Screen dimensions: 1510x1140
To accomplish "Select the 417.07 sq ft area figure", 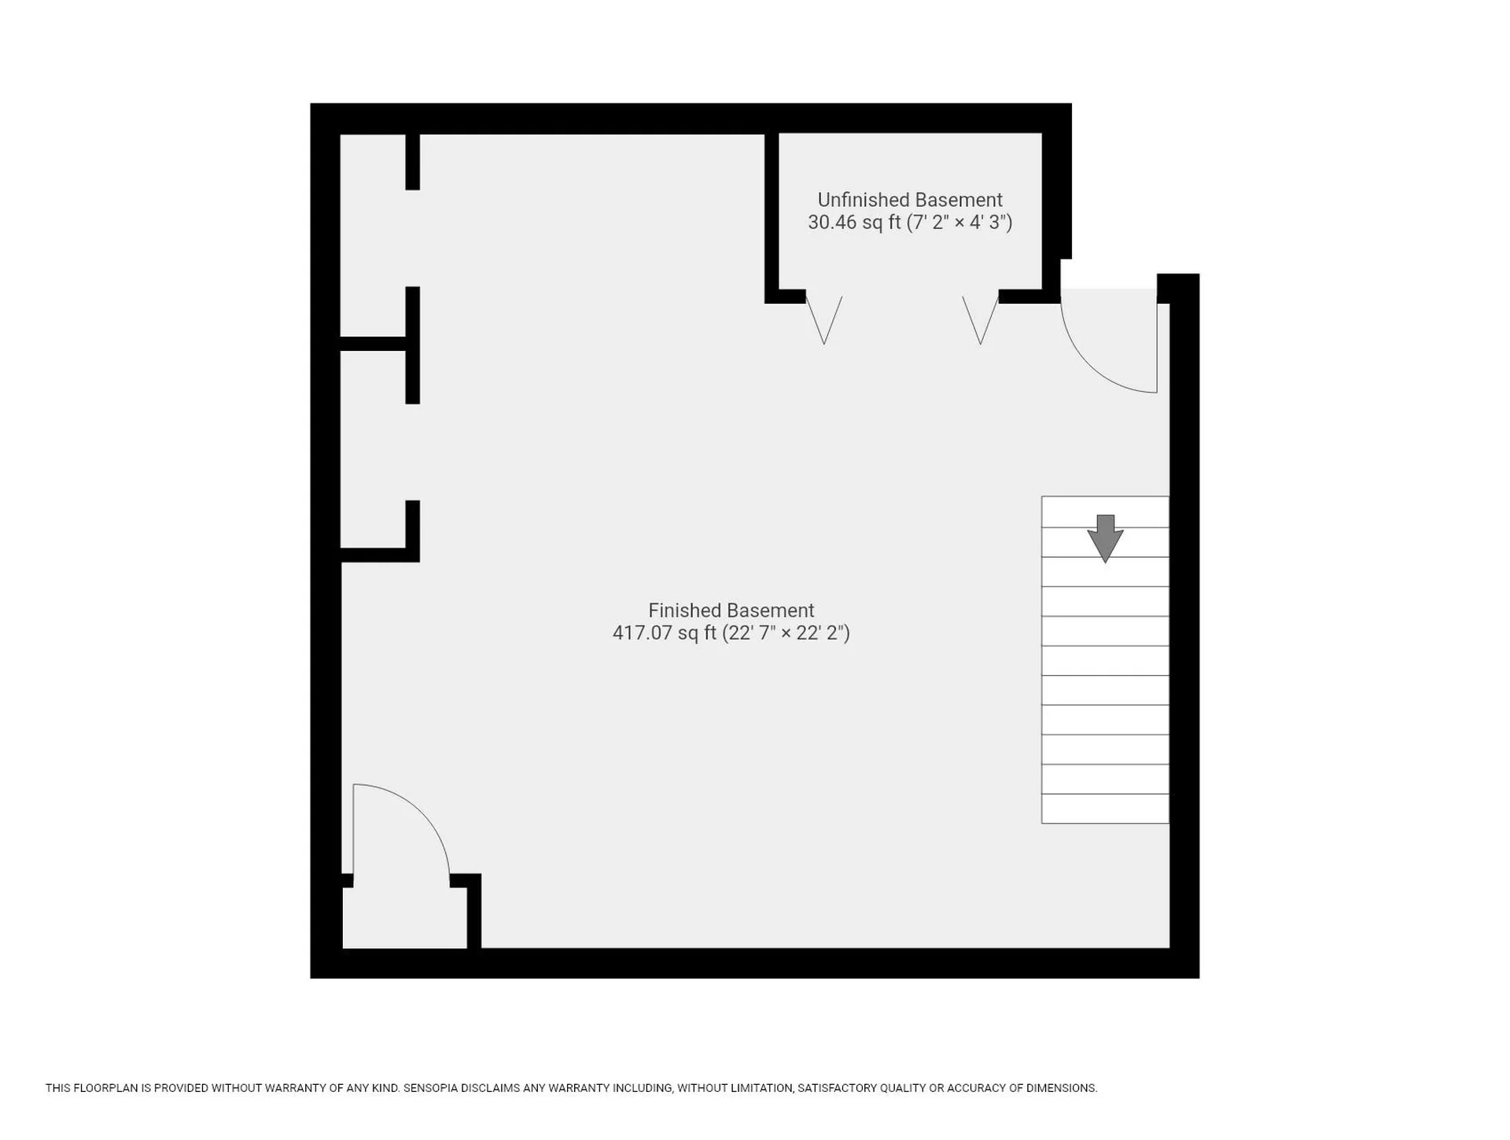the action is click(665, 633).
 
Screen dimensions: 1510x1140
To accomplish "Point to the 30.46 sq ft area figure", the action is click(854, 222).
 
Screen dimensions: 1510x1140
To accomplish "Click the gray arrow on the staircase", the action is click(1105, 538).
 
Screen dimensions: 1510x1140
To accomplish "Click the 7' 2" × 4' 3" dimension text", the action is click(959, 222).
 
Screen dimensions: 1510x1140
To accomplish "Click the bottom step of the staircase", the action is click(1105, 809).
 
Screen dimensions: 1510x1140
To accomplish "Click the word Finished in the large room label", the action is click(682, 611).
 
